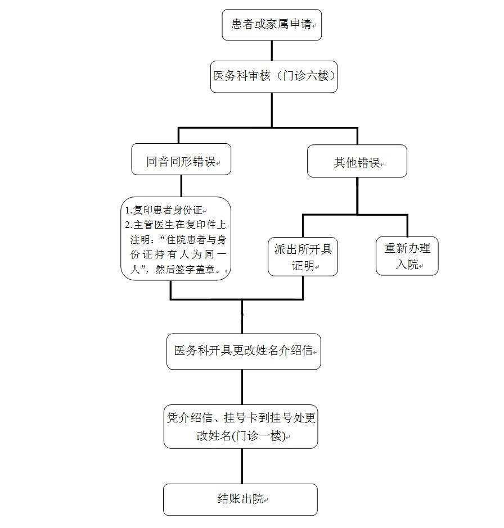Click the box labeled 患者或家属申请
point(272,25)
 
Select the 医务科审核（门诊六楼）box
point(274,76)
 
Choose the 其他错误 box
point(357,162)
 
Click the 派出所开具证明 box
point(303,257)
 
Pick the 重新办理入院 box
point(407,256)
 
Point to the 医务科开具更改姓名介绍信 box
point(243,351)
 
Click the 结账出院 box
point(240,499)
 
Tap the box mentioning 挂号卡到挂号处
point(241,426)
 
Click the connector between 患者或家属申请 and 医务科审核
point(272,51)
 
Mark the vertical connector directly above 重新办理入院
point(407,226)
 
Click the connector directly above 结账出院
point(242,466)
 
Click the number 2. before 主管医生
point(128,225)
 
